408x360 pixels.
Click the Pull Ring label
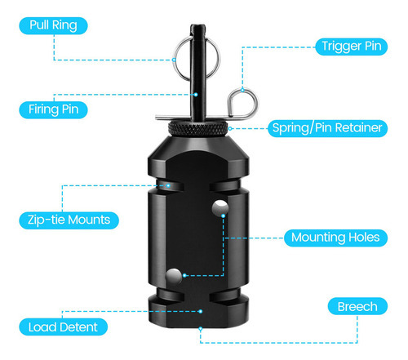click(53, 25)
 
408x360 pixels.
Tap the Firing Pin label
click(53, 109)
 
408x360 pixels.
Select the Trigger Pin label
click(351, 47)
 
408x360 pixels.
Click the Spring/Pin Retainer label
click(327, 128)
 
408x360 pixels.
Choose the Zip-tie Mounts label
click(69, 220)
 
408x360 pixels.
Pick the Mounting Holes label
click(335, 238)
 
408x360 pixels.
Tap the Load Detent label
click(63, 327)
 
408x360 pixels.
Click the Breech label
click(357, 306)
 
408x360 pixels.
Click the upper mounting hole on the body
click(220, 208)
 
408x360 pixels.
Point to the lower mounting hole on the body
click(174, 277)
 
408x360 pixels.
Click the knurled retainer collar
click(198, 129)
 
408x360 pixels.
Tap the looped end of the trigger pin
click(242, 103)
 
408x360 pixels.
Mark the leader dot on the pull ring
click(174, 60)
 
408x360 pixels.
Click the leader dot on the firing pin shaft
click(196, 95)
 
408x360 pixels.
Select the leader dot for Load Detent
click(201, 311)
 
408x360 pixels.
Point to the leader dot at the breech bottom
click(201, 328)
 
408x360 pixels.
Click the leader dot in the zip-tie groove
click(168, 185)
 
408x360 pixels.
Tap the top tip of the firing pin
click(197, 25)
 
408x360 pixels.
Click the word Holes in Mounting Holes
click(364, 238)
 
